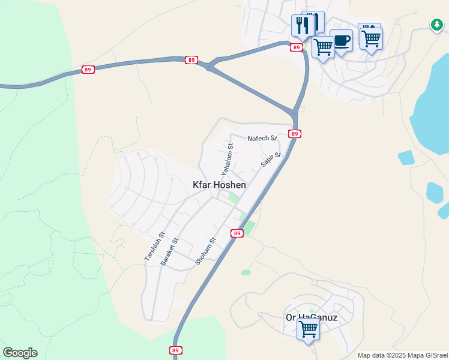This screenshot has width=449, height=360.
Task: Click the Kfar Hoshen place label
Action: coord(219,185)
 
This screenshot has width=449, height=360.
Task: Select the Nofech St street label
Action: coord(262,139)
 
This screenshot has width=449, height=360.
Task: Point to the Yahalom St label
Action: coord(226,160)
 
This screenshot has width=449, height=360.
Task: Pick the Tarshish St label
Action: coord(154,247)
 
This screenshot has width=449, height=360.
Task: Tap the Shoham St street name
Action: coord(205,251)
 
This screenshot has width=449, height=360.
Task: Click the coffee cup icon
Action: coord(341,41)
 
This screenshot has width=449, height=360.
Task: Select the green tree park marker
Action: coord(436,25)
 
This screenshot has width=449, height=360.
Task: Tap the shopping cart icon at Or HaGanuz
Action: coord(308,329)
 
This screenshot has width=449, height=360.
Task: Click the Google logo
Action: coord(20,353)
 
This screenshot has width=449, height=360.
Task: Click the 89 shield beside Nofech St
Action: coord(294,133)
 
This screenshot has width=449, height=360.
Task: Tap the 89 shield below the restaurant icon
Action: coord(296,47)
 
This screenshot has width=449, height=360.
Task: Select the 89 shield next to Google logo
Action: coord(175,350)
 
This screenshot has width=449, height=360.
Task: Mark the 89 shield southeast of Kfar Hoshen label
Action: coord(237,233)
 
